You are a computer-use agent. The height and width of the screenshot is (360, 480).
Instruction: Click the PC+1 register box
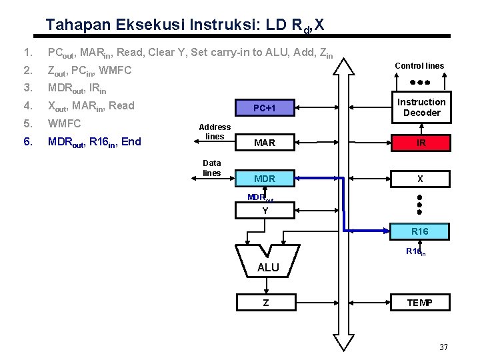pyautogui.click(x=265, y=107)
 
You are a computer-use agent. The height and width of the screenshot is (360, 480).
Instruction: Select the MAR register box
pyautogui.click(x=265, y=143)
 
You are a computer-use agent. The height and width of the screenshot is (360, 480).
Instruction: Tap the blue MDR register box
pyautogui.click(x=265, y=179)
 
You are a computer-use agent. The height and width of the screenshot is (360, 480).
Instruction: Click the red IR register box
pyautogui.click(x=421, y=143)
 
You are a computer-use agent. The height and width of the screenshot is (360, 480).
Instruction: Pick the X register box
pyautogui.click(x=421, y=179)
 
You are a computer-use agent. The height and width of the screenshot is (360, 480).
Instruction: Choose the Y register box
pyautogui.click(x=265, y=211)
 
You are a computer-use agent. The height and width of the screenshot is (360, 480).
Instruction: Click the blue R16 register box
pyautogui.click(x=420, y=231)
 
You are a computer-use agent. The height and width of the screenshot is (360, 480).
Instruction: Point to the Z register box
pyautogui.click(x=265, y=302)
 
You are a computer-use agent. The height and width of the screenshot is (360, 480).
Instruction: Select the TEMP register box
pyautogui.click(x=420, y=303)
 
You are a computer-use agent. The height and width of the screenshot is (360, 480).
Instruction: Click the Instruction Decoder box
pyautogui.click(x=421, y=107)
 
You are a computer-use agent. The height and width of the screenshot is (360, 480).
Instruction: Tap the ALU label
pyautogui.click(x=268, y=267)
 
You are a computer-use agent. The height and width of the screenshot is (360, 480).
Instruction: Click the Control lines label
pyautogui.click(x=419, y=65)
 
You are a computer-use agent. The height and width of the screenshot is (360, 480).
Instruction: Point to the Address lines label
pyautogui.click(x=215, y=131)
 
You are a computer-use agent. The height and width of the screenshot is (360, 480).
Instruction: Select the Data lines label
pyautogui.click(x=212, y=167)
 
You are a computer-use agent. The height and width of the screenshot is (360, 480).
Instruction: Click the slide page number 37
pyautogui.click(x=444, y=347)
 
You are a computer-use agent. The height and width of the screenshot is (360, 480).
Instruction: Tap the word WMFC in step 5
pyautogui.click(x=63, y=123)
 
